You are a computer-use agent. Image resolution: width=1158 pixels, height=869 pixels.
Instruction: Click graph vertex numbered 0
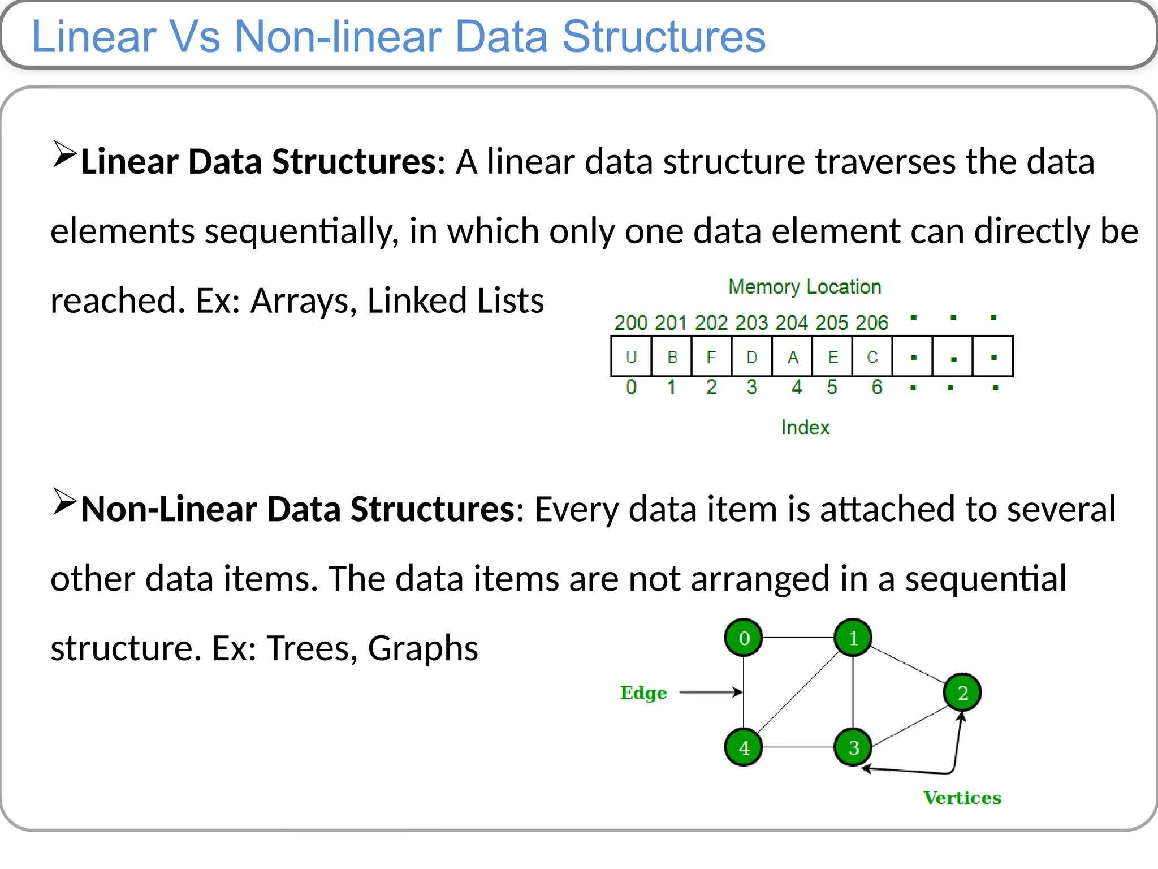tap(744, 638)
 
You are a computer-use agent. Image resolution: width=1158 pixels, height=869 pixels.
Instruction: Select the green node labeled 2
tap(962, 692)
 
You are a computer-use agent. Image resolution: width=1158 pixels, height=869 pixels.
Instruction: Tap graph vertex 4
tap(744, 747)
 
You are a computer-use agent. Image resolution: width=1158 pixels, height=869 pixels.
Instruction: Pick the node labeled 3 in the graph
tap(853, 747)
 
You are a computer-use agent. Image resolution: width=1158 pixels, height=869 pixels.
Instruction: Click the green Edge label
tap(643, 693)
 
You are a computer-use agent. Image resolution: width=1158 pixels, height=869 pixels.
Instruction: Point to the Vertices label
tap(962, 798)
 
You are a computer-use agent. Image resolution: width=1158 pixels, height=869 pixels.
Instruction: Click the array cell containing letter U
tap(631, 356)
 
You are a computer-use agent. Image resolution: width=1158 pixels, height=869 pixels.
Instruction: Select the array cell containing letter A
tap(792, 356)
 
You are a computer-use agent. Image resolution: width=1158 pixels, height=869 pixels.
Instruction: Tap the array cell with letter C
tap(872, 356)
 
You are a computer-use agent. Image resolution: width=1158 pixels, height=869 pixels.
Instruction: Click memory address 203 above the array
tap(751, 322)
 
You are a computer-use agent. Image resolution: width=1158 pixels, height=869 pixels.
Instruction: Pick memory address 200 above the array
tap(631, 322)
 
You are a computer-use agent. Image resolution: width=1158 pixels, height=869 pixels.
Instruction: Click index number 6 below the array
tap(876, 387)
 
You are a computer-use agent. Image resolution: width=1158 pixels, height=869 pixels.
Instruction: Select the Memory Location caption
tap(805, 287)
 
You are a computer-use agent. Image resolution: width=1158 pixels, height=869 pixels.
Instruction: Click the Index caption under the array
tap(805, 428)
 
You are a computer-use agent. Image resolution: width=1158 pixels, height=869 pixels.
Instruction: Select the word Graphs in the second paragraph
tap(423, 648)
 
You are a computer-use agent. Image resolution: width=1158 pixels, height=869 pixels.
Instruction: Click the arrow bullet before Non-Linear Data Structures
tap(64, 501)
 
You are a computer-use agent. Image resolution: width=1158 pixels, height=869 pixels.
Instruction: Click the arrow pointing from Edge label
tap(710, 692)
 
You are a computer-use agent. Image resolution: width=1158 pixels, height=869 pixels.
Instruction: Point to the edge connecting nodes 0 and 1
tap(798, 638)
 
